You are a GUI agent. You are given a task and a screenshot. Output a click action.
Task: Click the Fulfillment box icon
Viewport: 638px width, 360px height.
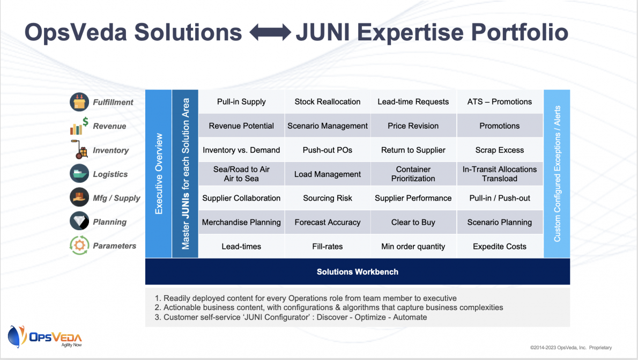(79, 102)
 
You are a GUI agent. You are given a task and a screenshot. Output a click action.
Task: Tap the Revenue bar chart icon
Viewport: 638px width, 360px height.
(79, 126)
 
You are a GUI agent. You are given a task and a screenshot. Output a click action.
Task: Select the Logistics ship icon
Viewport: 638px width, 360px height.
(79, 174)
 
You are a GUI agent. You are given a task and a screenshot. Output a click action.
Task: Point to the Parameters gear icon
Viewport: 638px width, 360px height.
(79, 246)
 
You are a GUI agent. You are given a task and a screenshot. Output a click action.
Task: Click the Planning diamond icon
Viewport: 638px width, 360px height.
(79, 222)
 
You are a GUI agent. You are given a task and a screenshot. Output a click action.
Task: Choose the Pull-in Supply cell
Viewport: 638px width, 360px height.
(241, 102)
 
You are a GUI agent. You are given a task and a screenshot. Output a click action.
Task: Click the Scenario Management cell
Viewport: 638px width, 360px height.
(328, 126)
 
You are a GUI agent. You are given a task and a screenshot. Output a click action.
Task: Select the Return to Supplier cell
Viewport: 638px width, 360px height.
(413, 150)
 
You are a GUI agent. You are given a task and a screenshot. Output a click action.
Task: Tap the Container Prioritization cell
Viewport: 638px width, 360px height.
(413, 174)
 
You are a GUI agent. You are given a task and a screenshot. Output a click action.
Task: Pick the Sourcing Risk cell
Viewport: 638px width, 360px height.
(328, 198)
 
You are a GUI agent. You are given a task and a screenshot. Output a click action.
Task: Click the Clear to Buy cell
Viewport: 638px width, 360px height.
(413, 222)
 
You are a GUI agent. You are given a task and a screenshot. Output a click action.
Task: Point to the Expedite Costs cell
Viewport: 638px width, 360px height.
(500, 246)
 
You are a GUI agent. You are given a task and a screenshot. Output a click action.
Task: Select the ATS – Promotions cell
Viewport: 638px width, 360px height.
(500, 102)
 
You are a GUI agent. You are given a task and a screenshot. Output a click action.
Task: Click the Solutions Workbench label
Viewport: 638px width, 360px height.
(358, 272)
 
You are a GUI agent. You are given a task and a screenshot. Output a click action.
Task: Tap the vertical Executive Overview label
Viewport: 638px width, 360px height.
(159, 174)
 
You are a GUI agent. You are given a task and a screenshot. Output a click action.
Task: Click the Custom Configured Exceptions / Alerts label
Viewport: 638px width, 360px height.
(557, 174)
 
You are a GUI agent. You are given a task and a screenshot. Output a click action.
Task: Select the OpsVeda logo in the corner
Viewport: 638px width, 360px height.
(44, 337)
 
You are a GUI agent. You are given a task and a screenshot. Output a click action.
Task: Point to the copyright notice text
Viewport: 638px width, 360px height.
(571, 348)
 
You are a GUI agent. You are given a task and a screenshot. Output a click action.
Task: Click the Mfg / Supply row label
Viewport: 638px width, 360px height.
(116, 198)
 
